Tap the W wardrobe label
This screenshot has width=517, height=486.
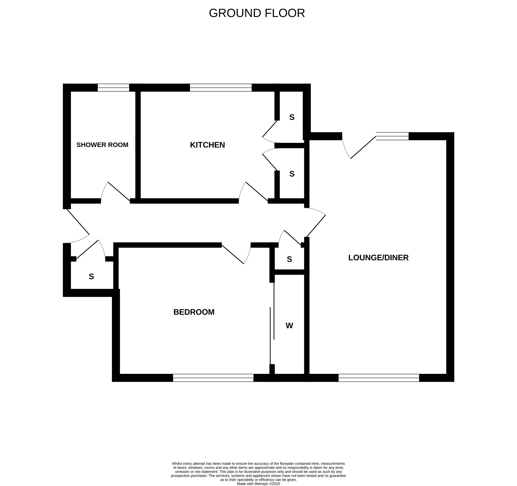pyautogui.click(x=289, y=326)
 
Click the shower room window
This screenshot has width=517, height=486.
pyautogui.click(x=113, y=88)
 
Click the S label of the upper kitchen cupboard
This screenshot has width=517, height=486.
pyautogui.click(x=292, y=117)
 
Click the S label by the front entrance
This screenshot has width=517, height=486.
pyautogui.click(x=91, y=277)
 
